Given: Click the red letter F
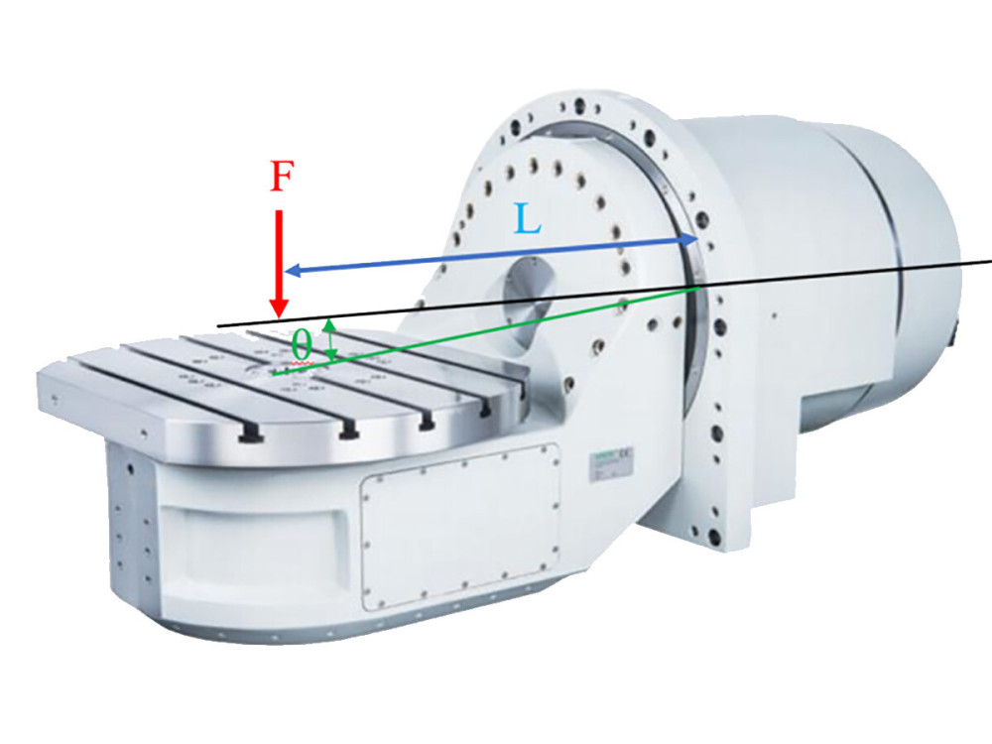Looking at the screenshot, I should click(283, 178).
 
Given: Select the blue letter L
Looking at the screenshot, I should click(528, 218).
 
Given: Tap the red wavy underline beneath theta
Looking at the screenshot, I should click(296, 367).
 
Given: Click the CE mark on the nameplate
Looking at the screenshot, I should click(627, 455).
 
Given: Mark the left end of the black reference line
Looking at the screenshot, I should click(217, 325).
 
